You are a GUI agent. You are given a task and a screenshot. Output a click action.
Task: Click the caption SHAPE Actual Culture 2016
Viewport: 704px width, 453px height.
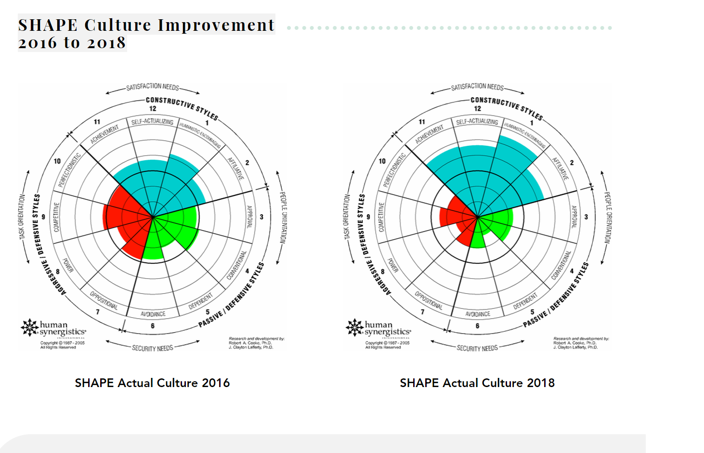152,383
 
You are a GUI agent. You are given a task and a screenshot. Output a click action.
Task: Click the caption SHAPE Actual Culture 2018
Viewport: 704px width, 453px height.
477,383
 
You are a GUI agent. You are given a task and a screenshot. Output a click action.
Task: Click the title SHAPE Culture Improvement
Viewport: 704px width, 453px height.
146,25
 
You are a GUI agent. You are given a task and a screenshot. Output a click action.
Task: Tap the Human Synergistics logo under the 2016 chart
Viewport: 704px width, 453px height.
53,328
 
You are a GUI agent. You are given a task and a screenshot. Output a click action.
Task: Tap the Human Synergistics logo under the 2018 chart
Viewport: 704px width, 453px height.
378,328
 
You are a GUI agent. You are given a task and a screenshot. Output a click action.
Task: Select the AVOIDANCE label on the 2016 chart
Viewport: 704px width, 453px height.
153,314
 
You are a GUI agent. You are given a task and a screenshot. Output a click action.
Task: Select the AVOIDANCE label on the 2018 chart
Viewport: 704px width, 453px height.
478,314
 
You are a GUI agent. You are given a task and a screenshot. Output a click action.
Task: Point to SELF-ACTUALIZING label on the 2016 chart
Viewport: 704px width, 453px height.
152,122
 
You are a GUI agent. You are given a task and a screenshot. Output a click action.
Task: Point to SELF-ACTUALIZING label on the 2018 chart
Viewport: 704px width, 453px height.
477,122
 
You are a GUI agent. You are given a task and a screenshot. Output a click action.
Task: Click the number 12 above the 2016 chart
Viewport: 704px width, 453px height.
153,109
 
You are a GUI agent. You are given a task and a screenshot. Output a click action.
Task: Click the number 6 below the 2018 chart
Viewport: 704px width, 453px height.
477,326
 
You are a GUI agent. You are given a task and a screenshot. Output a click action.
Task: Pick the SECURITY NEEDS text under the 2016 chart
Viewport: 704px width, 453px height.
152,348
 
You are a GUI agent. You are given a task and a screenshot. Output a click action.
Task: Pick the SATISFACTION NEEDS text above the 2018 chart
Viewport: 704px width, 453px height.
477,87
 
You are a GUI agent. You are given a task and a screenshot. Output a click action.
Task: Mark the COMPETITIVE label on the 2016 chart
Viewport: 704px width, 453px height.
56,217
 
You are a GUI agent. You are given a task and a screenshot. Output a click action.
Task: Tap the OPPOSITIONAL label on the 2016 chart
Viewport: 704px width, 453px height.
104,300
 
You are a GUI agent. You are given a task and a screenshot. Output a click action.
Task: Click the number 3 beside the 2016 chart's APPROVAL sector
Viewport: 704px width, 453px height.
261,217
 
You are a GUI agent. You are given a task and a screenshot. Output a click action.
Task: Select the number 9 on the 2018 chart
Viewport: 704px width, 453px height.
368,217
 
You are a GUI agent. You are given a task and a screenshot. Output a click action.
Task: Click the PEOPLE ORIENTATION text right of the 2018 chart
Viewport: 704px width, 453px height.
608,217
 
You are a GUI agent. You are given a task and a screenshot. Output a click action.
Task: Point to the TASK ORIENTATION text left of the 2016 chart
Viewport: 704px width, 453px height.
22,217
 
